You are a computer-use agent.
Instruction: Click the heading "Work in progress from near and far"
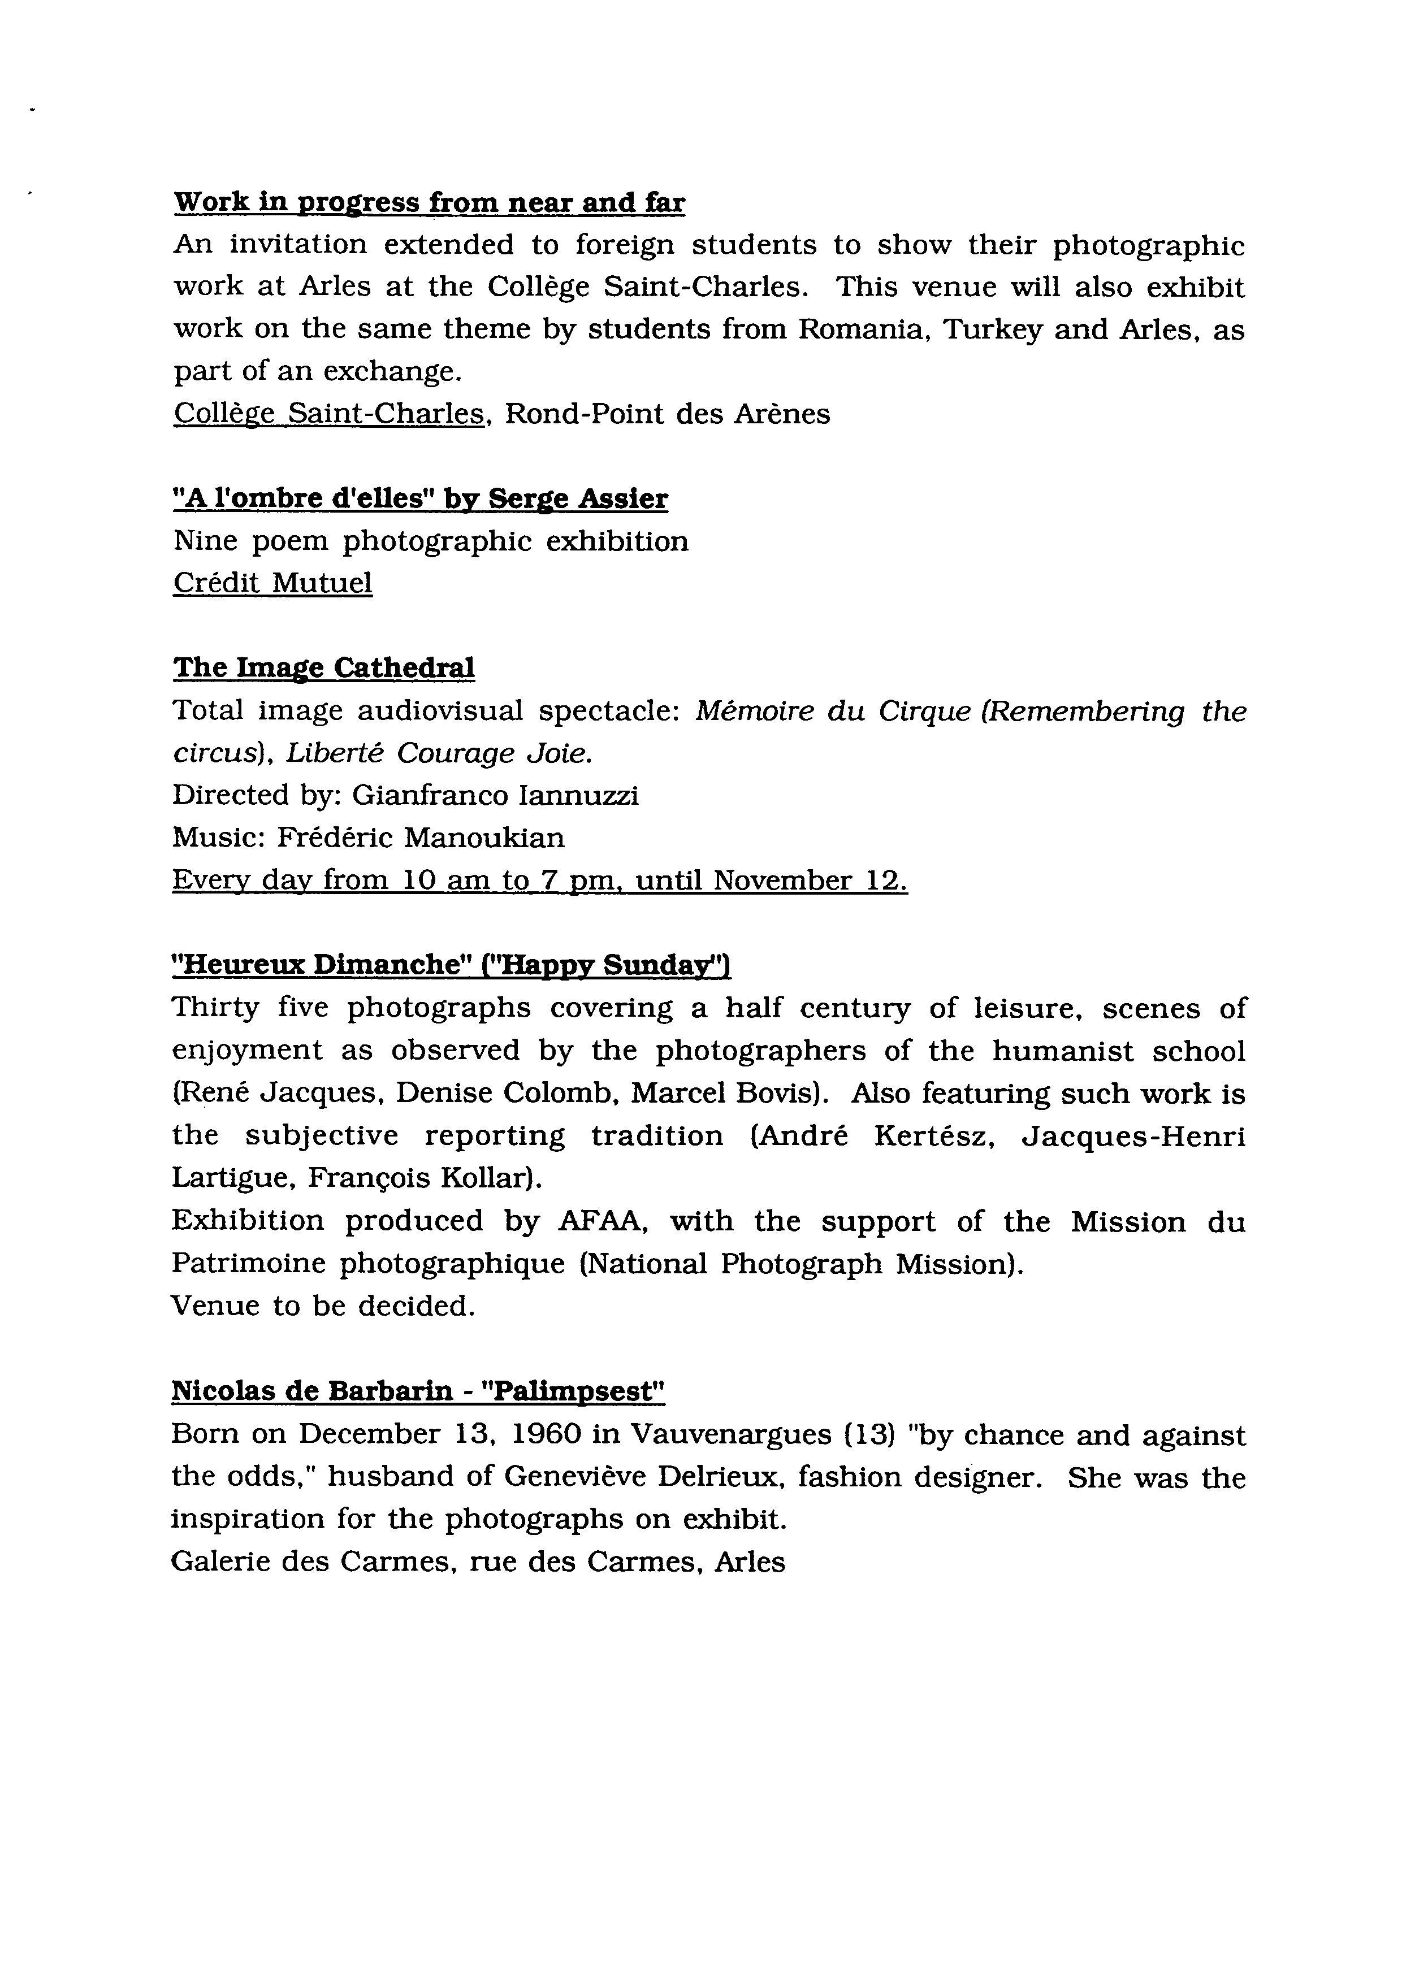pos(429,203)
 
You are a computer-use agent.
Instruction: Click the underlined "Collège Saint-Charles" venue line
pos(328,414)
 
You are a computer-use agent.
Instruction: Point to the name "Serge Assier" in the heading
pos(578,499)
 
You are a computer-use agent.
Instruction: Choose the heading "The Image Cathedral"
pos(324,668)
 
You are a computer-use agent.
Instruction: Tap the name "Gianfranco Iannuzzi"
pos(496,795)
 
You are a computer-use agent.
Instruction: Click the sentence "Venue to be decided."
pos(323,1306)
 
